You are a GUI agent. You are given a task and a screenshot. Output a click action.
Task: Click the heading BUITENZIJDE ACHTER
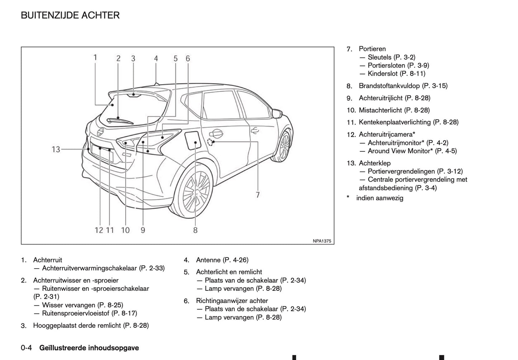tap(70, 15)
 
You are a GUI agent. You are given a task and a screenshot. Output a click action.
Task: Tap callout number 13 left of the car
tap(56, 149)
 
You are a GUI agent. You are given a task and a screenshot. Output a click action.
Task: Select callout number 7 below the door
tap(257, 195)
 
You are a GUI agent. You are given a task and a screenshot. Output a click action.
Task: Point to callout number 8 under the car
tap(195, 230)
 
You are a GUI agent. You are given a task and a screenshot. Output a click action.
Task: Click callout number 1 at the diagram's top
tap(95, 57)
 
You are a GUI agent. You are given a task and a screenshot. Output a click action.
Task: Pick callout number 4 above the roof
tap(156, 58)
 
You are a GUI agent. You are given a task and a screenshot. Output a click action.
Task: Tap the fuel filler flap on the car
tap(192, 141)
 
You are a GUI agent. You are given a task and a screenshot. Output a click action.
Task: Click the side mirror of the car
tap(277, 113)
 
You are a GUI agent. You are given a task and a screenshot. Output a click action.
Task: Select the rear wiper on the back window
tap(120, 121)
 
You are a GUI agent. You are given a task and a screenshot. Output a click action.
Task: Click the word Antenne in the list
tap(208, 260)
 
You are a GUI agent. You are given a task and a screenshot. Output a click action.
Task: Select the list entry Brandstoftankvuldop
tap(389, 86)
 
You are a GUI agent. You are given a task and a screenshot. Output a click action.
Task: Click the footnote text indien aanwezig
tap(379, 198)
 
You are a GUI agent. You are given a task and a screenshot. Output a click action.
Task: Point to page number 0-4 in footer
tap(27, 348)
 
